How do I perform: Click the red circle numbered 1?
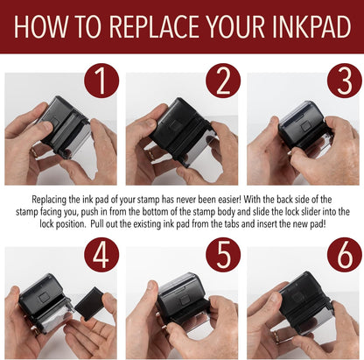(101, 81)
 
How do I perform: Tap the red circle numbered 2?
(223, 81)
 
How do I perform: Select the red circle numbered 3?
(345, 81)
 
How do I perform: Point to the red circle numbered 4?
(101, 255)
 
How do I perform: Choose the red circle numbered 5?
(223, 255)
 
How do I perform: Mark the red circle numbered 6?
(345, 255)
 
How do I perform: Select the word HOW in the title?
(40, 26)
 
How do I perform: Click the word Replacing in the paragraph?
(49, 201)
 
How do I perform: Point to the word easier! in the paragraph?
(225, 200)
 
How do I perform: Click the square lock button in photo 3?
(305, 126)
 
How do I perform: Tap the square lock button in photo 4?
(45, 297)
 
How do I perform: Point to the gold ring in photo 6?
(276, 336)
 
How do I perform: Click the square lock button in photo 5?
(184, 300)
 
